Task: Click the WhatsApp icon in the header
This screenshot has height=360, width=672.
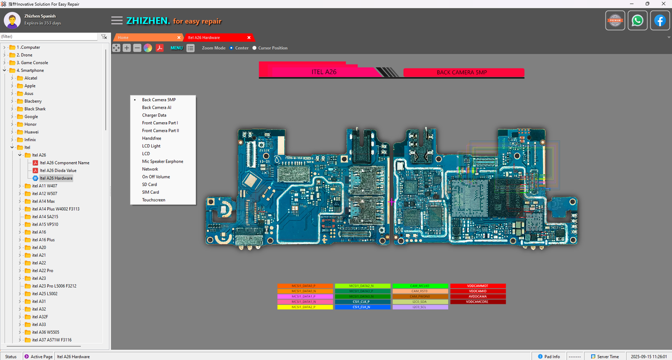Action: point(637,20)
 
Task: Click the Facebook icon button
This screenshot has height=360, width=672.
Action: point(660,20)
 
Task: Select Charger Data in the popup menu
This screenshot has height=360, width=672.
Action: point(154,115)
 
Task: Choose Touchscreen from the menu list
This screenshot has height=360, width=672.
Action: point(153,200)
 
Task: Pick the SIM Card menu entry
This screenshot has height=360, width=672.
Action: point(150,192)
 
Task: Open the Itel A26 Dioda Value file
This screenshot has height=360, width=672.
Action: point(58,171)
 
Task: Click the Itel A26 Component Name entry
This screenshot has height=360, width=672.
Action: point(64,163)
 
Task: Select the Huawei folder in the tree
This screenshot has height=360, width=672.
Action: point(31,132)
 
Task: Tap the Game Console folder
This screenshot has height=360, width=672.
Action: point(34,62)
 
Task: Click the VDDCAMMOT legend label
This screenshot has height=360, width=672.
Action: point(478,286)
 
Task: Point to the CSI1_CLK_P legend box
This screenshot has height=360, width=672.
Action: point(362,302)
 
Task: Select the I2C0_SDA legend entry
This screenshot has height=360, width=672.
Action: point(420,302)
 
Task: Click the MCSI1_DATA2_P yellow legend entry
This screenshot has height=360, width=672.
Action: point(304,307)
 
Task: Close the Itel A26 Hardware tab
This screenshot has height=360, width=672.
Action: point(249,38)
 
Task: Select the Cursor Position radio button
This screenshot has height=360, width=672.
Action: point(255,48)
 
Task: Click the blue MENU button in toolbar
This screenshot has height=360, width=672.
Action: point(176,48)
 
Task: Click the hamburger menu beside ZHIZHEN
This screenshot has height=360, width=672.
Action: point(117,21)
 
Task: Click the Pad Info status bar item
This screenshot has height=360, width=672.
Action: point(549,357)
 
